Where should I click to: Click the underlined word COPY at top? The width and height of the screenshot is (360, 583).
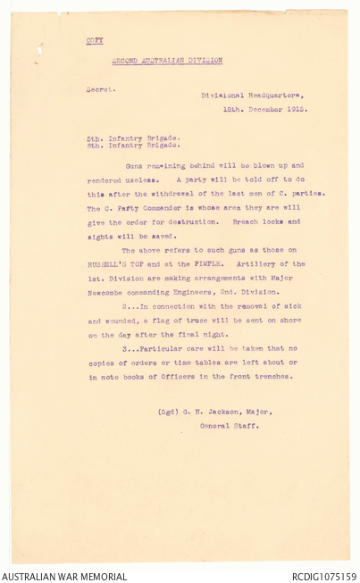tap(94, 41)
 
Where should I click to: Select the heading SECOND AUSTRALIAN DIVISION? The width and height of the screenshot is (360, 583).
tap(167, 61)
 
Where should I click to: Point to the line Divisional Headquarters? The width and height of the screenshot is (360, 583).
tap(251, 96)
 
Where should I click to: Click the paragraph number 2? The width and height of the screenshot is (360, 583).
tap(124, 306)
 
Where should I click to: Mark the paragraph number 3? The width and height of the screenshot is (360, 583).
tap(124, 348)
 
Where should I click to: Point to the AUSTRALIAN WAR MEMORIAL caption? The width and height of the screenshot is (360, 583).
tap(53, 577)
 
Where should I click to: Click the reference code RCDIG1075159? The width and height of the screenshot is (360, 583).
tap(323, 577)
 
